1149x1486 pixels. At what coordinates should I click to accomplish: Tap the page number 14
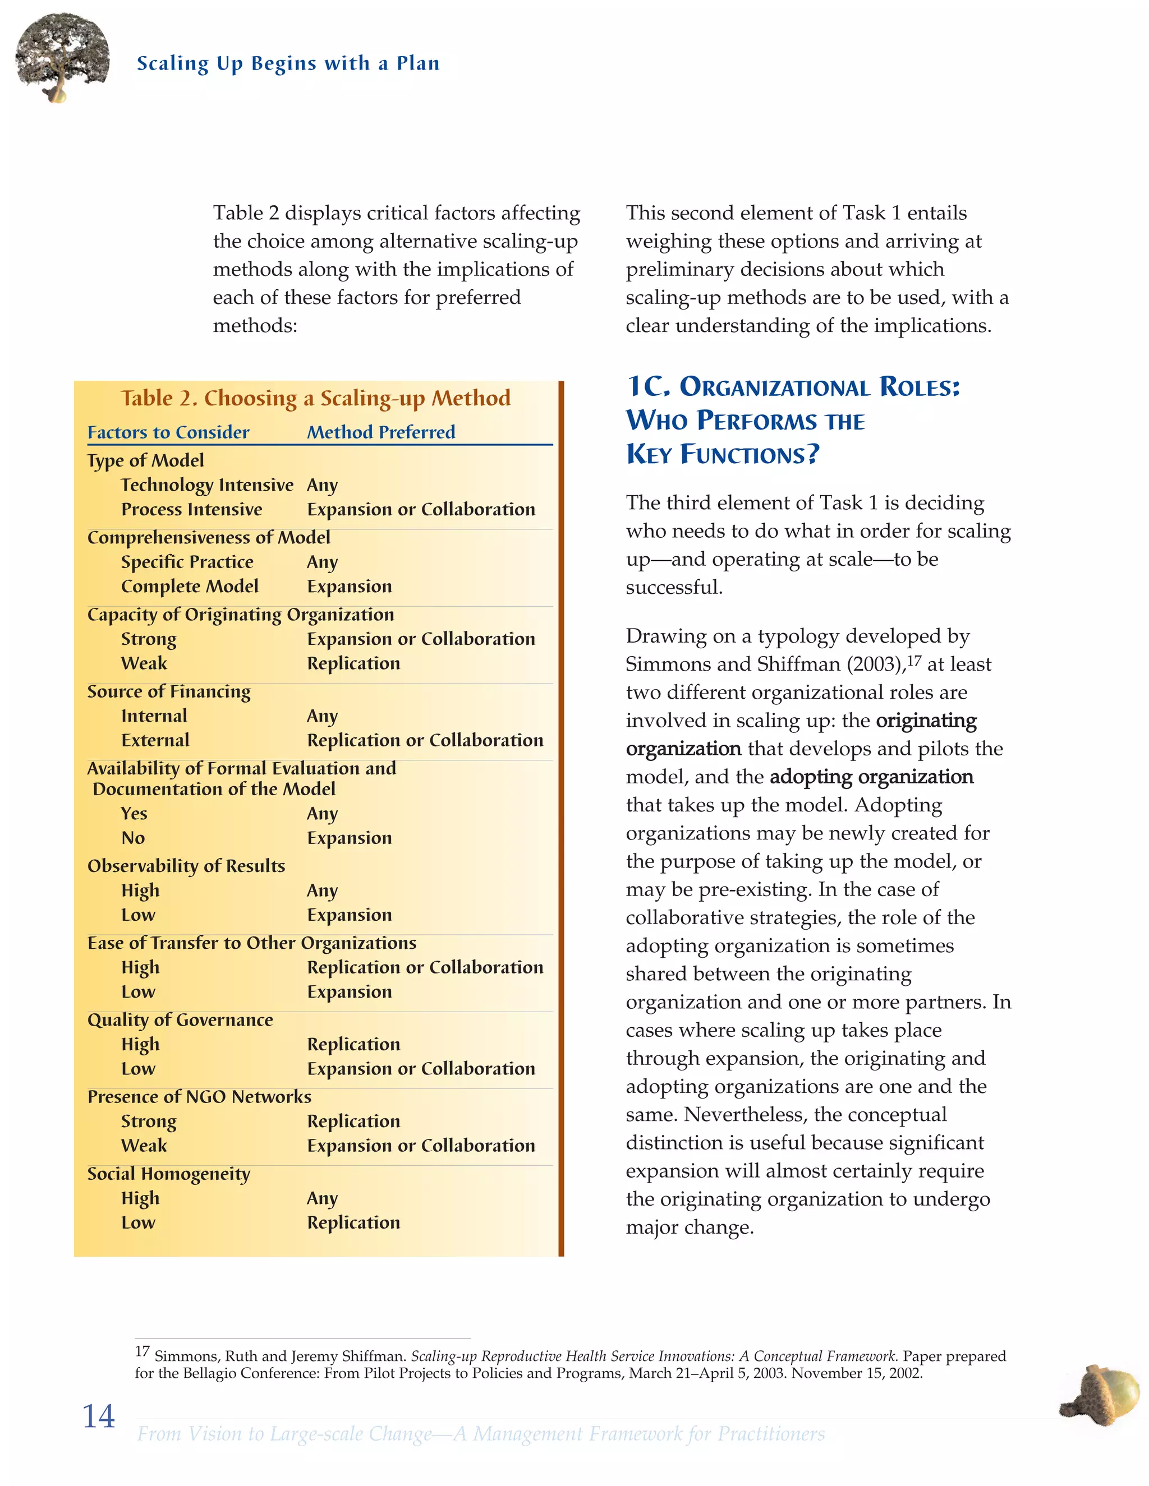pos(99,1416)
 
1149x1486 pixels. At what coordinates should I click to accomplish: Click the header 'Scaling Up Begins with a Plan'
pos(288,63)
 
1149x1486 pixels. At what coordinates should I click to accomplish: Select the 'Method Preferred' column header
pos(380,432)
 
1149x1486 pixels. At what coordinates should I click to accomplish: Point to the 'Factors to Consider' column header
pos(168,432)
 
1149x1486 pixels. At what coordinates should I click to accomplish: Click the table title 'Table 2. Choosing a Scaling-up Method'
pos(316,398)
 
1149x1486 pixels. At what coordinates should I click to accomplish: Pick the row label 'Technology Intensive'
pos(207,485)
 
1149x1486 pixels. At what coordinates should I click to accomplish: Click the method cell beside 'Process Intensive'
pos(421,510)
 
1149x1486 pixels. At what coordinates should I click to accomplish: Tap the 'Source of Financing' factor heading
pos(169,691)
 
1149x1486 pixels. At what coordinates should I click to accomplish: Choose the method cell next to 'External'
pos(425,740)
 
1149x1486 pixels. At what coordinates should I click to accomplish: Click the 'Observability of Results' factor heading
pos(186,866)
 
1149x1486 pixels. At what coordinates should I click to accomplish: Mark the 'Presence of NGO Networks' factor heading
pos(199,1097)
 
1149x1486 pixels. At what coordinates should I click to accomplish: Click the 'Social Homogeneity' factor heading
pos(169,1174)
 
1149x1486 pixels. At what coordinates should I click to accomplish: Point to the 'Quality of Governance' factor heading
pos(180,1020)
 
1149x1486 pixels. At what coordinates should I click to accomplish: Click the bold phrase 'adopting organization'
pos(871,777)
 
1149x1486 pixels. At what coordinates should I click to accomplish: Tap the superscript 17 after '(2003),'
pos(913,660)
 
